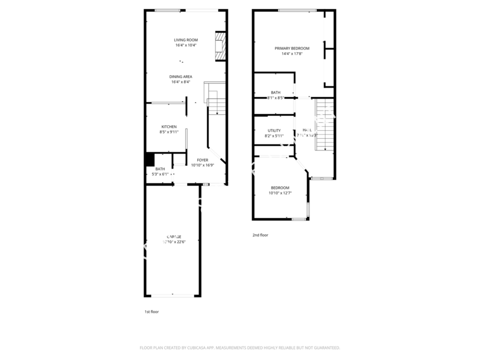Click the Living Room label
[x=186, y=40]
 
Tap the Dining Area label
[x=181, y=76]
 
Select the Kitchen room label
[x=169, y=126]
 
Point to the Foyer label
[x=203, y=160]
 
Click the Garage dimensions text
[x=174, y=242]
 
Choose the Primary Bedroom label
[x=292, y=49]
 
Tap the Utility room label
[x=274, y=130]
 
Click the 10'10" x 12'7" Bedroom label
[x=280, y=188]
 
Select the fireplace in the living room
[x=220, y=47]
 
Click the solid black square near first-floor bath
[x=150, y=159]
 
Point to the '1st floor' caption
[x=151, y=311]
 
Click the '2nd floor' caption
[x=260, y=235]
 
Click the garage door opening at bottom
[x=173, y=295]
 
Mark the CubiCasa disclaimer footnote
[x=239, y=348]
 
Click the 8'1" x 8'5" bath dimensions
[x=276, y=98]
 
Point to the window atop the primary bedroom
[x=297, y=10]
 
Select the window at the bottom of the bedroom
[x=298, y=219]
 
